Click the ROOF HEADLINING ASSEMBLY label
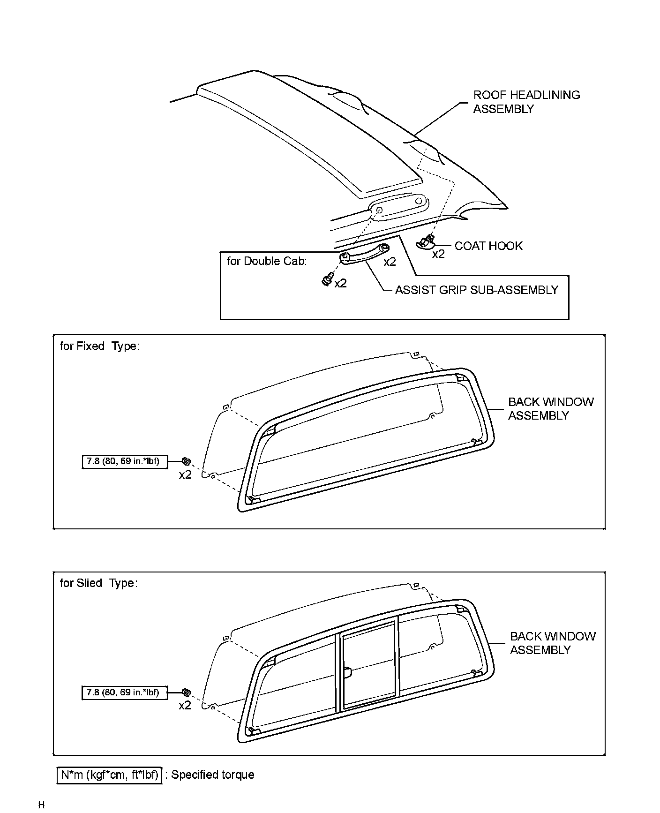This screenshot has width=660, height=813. tap(526, 102)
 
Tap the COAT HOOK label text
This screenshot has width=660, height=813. tap(488, 246)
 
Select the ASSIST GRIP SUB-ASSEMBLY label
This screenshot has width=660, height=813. tap(476, 290)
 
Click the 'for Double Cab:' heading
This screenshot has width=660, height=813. tap(267, 261)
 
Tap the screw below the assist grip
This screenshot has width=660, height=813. tap(327, 280)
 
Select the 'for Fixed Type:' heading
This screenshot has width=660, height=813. tap(100, 346)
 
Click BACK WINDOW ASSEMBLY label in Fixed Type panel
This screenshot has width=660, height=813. tap(550, 409)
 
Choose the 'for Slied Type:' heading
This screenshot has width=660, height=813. tap(98, 583)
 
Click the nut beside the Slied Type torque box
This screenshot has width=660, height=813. tap(185, 692)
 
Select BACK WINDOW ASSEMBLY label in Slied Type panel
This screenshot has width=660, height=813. tap(552, 643)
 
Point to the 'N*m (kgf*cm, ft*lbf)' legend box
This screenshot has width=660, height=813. tap(110, 775)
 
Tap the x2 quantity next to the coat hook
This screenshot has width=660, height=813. tap(438, 255)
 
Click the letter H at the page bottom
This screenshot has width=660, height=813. tap(41, 805)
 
